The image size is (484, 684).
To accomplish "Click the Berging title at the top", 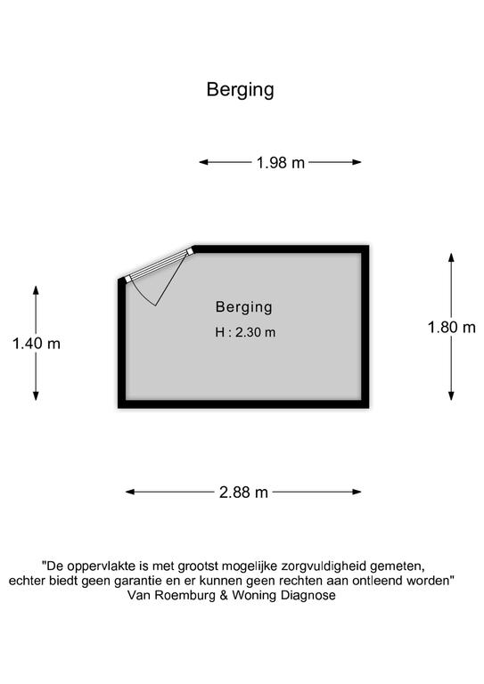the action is [x=240, y=90].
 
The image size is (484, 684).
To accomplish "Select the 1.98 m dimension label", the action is [x=280, y=163].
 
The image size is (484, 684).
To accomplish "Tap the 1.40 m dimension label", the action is [x=37, y=344].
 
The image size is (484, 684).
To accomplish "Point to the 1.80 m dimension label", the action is [x=451, y=327].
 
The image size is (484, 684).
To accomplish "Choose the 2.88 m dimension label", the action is [x=243, y=493].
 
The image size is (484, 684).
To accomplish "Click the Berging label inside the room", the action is [x=244, y=307].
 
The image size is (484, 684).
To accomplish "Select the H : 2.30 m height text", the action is [x=245, y=332].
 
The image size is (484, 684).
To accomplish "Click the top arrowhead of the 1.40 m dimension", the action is [x=36, y=290].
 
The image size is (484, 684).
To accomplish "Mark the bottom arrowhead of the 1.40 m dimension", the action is [x=36, y=395].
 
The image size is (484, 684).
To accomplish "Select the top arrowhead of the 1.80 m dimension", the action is [x=451, y=257].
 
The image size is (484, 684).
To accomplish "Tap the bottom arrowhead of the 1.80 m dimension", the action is [x=451, y=395].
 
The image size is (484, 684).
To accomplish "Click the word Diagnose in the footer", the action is [x=308, y=596].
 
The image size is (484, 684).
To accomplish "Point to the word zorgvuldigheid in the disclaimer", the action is [x=324, y=566].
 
